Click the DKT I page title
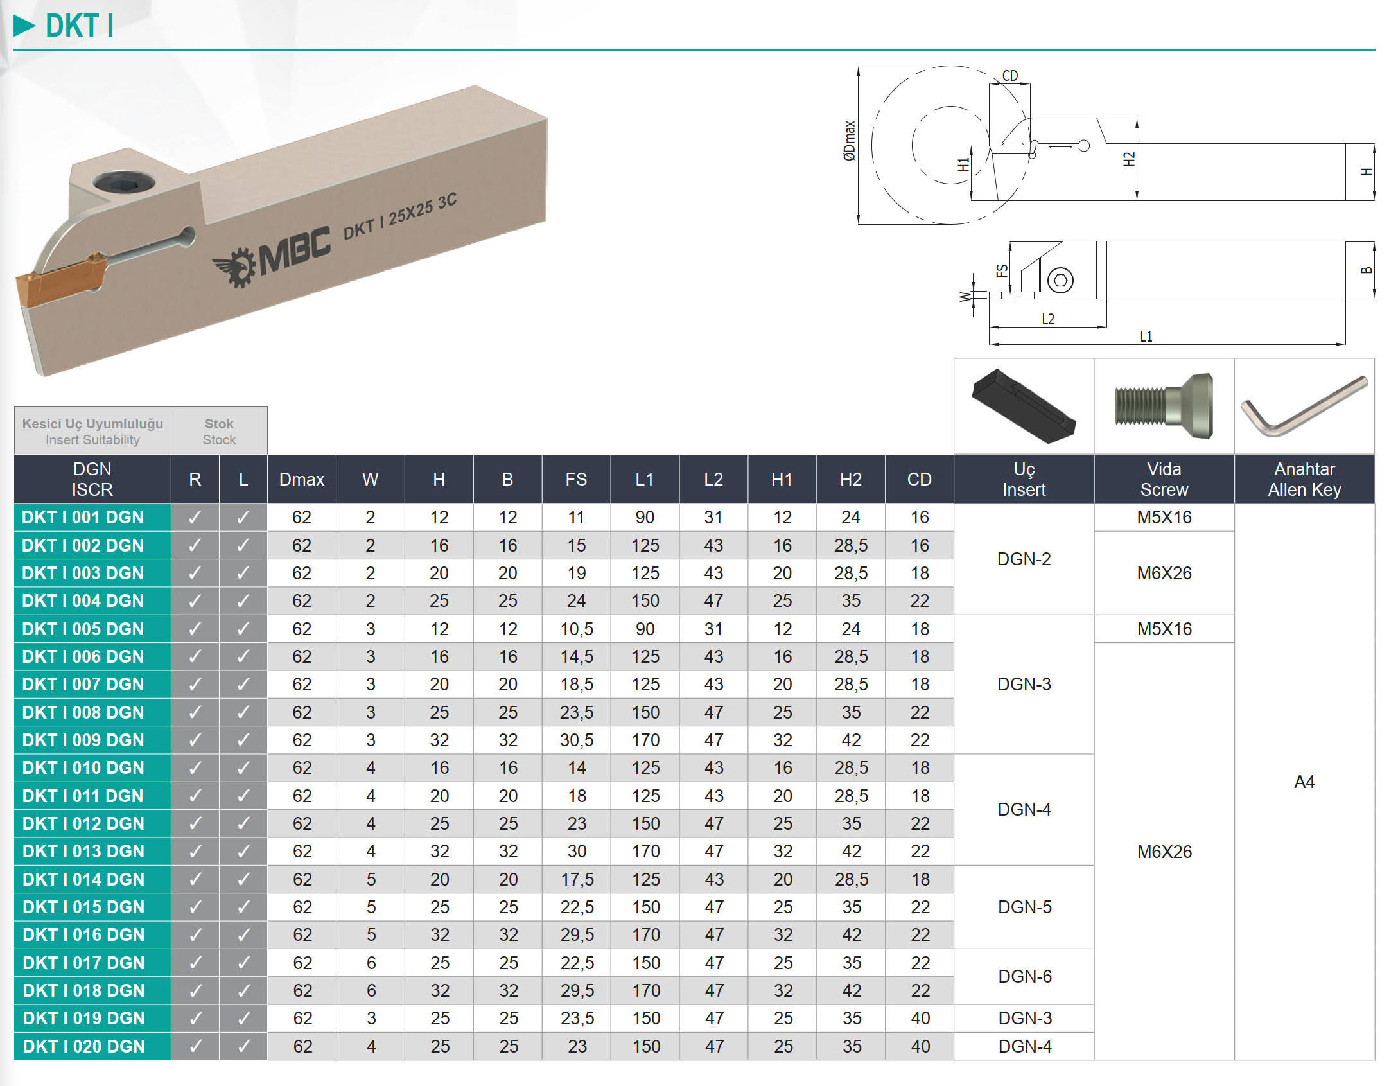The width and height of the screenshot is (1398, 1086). pyautogui.click(x=79, y=26)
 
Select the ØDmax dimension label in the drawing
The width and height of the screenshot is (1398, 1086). pyautogui.click(x=849, y=141)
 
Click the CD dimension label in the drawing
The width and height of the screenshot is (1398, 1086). pyautogui.click(x=1009, y=76)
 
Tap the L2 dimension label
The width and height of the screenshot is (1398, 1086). pyautogui.click(x=1047, y=319)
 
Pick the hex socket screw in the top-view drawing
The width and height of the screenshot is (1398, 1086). pyautogui.click(x=1060, y=280)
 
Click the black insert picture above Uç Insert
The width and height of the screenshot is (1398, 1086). pyautogui.click(x=1024, y=406)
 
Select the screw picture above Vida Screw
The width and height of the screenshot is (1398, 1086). pyautogui.click(x=1164, y=406)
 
